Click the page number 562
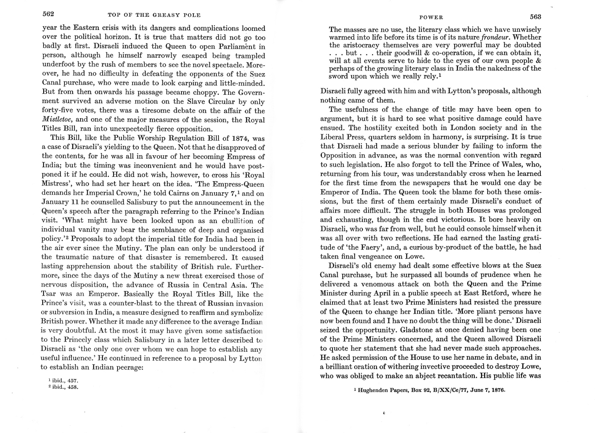coord(48,14)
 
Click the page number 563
coord(536,17)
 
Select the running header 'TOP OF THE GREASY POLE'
coord(154,15)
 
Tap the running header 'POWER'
coord(431,17)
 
